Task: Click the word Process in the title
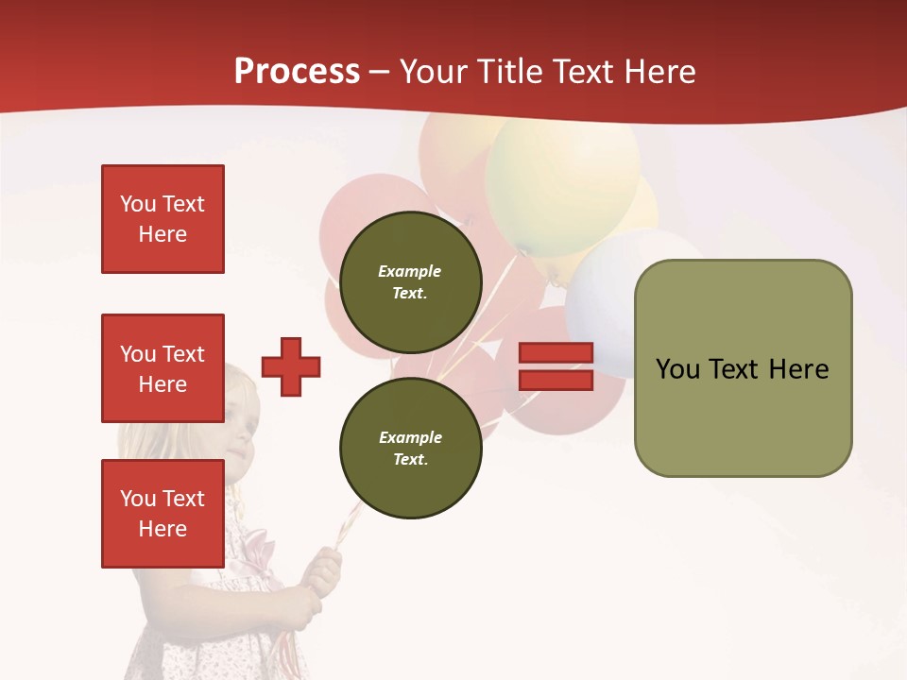pyautogui.click(x=297, y=72)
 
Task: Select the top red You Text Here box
pyautogui.click(x=163, y=219)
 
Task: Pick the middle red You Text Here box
pyautogui.click(x=163, y=368)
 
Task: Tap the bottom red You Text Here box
pyautogui.click(x=163, y=514)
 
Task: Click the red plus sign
pyautogui.click(x=291, y=366)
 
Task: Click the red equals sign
pyautogui.click(x=556, y=366)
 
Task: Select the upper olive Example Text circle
pyautogui.click(x=410, y=281)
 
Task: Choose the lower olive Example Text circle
pyautogui.click(x=410, y=448)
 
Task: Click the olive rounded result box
pyautogui.click(x=743, y=368)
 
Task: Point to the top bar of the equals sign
pyautogui.click(x=556, y=353)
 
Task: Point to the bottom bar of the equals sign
pyautogui.click(x=556, y=380)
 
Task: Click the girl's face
pyautogui.click(x=236, y=425)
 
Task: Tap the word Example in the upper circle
pyautogui.click(x=410, y=271)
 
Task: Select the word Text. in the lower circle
pyautogui.click(x=410, y=459)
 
